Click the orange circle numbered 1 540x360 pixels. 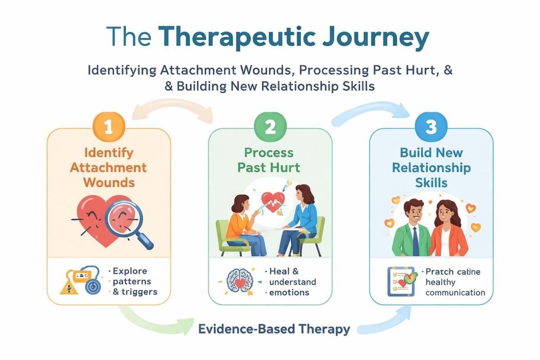pos(108,127)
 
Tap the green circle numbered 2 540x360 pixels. pos(270,127)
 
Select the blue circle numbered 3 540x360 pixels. pos(431,127)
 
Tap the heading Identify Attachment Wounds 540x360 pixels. pos(108,167)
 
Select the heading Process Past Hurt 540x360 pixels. pos(269,160)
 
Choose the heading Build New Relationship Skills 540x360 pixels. pos(431,168)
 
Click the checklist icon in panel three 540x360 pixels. pos(400,282)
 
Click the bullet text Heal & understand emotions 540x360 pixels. pos(292,282)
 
